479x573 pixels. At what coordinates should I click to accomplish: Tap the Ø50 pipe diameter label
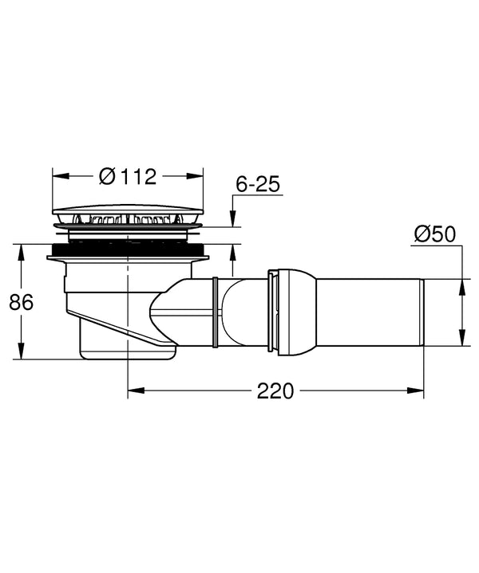(434, 234)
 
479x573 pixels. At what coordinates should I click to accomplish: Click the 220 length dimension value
(275, 391)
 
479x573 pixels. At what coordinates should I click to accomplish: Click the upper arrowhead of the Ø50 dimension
(461, 284)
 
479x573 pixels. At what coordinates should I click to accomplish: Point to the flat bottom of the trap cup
(128, 359)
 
